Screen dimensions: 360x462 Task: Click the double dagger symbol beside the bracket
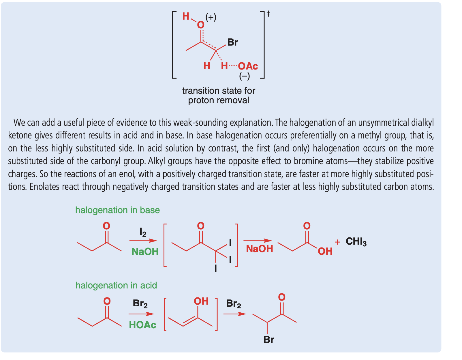(x=268, y=14)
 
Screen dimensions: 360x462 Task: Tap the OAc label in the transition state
(x=248, y=66)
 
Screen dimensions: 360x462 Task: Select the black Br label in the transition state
(x=232, y=42)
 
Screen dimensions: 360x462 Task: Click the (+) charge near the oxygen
(x=211, y=17)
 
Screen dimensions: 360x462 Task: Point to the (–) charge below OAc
(x=245, y=76)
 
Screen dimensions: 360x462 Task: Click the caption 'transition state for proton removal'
(x=219, y=95)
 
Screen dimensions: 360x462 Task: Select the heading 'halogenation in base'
(x=117, y=210)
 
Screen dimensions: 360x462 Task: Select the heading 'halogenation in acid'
(x=116, y=285)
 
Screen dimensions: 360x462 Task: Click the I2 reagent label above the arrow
(x=143, y=232)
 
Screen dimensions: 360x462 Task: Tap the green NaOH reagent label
(x=145, y=252)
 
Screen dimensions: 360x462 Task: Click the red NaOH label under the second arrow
(x=259, y=249)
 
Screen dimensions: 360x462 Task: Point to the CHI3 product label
(x=356, y=241)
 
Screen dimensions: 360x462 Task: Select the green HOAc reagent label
(x=142, y=325)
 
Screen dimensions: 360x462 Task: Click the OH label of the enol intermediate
(x=201, y=301)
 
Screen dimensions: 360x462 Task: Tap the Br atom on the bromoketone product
(x=268, y=340)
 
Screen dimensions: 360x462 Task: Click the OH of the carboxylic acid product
(x=325, y=251)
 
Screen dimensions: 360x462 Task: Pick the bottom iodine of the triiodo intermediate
(x=215, y=269)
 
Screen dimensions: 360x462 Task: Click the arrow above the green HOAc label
(x=141, y=314)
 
